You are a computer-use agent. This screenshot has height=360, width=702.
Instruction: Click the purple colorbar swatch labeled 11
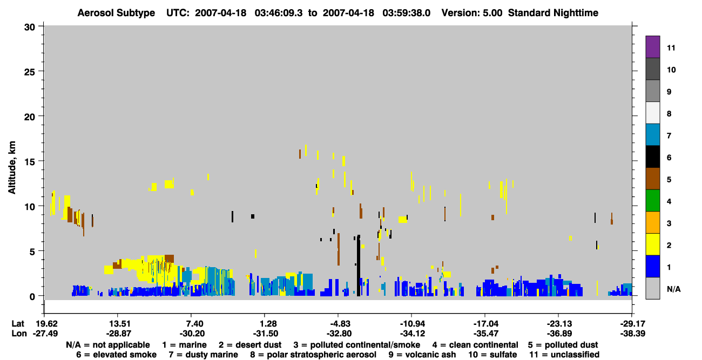[x=652, y=46]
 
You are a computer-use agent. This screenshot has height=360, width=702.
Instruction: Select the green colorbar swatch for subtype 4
[x=652, y=200]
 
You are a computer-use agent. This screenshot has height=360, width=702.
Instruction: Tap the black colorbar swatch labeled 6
[x=652, y=157]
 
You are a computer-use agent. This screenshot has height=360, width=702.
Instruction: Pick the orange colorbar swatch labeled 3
[x=652, y=222]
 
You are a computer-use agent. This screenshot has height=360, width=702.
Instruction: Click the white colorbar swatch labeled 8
[x=652, y=112]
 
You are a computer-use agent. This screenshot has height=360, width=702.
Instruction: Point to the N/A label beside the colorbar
[x=673, y=289]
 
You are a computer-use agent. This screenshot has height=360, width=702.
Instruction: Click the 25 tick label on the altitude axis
[x=30, y=72]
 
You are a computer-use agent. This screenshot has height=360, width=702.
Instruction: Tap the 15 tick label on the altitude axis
[x=30, y=162]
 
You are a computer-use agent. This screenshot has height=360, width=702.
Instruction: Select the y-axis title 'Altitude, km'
[x=11, y=168]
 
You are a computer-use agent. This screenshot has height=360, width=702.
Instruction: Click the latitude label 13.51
[x=119, y=324]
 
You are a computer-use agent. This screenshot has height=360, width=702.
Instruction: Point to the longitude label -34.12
[x=412, y=334]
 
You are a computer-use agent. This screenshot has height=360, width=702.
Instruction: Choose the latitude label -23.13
[x=559, y=324]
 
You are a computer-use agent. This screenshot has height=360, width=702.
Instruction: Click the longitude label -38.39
[x=632, y=334]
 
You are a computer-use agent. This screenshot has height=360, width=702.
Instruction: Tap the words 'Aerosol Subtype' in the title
[x=116, y=13]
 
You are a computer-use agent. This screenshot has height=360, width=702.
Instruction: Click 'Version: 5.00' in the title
[x=472, y=13]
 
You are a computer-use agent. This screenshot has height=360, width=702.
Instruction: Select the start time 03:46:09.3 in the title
[x=279, y=13]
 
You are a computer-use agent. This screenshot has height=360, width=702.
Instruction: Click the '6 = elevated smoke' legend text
[x=116, y=355]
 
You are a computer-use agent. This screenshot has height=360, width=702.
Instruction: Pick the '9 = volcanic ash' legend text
[x=422, y=355]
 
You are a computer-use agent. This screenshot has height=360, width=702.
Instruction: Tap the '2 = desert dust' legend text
[x=250, y=345]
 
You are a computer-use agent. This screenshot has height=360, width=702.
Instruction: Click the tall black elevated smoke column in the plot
[x=359, y=266]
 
